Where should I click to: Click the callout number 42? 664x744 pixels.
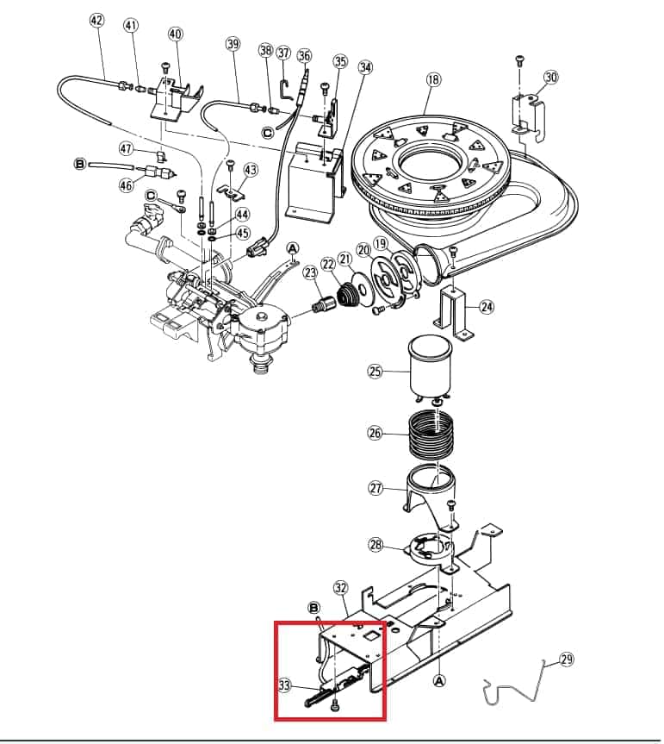[x=96, y=21]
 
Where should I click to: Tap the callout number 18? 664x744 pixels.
[x=434, y=79]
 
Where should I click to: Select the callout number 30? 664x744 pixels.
[x=550, y=77]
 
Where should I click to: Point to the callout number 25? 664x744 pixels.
[x=375, y=371]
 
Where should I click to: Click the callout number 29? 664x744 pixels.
[x=567, y=659]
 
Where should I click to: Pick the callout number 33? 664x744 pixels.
[x=284, y=685]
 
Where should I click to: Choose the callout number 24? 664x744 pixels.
[x=487, y=307]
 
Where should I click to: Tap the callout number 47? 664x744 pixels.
[x=126, y=149]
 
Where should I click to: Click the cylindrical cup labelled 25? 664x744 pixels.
[x=430, y=366]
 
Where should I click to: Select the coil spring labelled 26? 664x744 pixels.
[x=431, y=435]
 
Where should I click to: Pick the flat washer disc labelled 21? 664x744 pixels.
[x=362, y=289]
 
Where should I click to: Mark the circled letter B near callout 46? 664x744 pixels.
[x=80, y=164]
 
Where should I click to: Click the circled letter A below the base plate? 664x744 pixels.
[x=439, y=681]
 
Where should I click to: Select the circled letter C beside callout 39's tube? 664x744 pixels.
[x=268, y=133]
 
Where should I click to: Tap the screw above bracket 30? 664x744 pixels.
[x=520, y=60]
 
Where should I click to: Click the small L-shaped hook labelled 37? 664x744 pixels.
[x=285, y=91]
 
